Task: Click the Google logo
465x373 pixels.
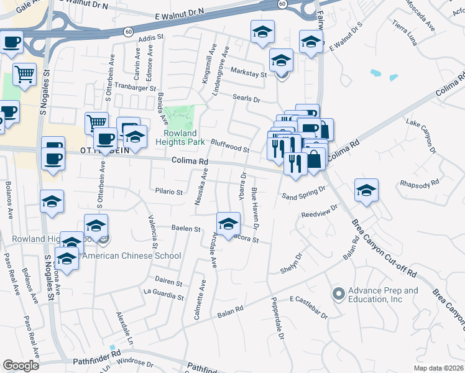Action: [21, 366]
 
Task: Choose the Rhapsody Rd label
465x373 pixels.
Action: [420, 183]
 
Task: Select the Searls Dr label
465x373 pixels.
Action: [246, 99]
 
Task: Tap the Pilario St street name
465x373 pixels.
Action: [168, 192]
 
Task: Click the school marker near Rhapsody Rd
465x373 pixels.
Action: [367, 191]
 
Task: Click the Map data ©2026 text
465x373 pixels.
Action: [439, 368]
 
